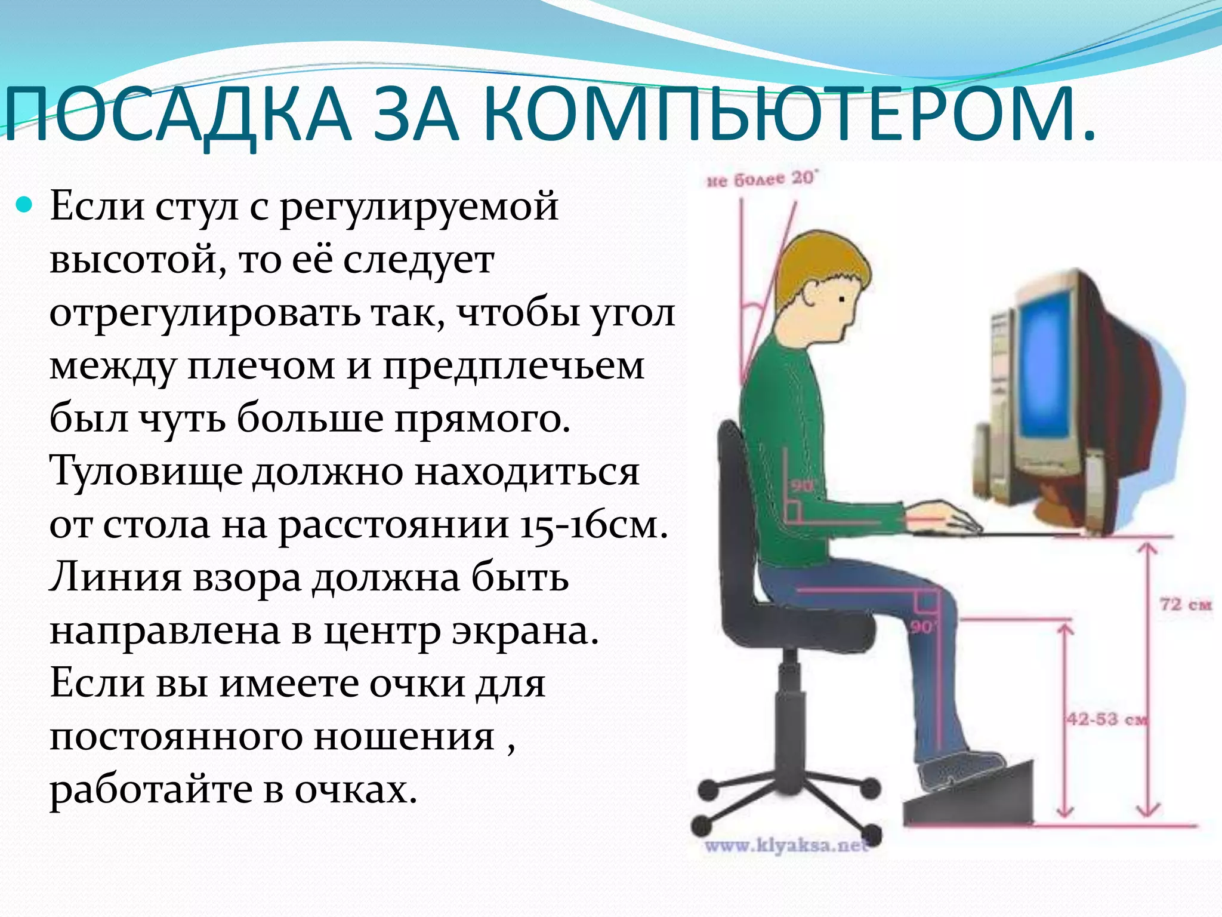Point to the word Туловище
(146, 472)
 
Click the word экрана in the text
(525, 631)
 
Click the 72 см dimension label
(1185, 604)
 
